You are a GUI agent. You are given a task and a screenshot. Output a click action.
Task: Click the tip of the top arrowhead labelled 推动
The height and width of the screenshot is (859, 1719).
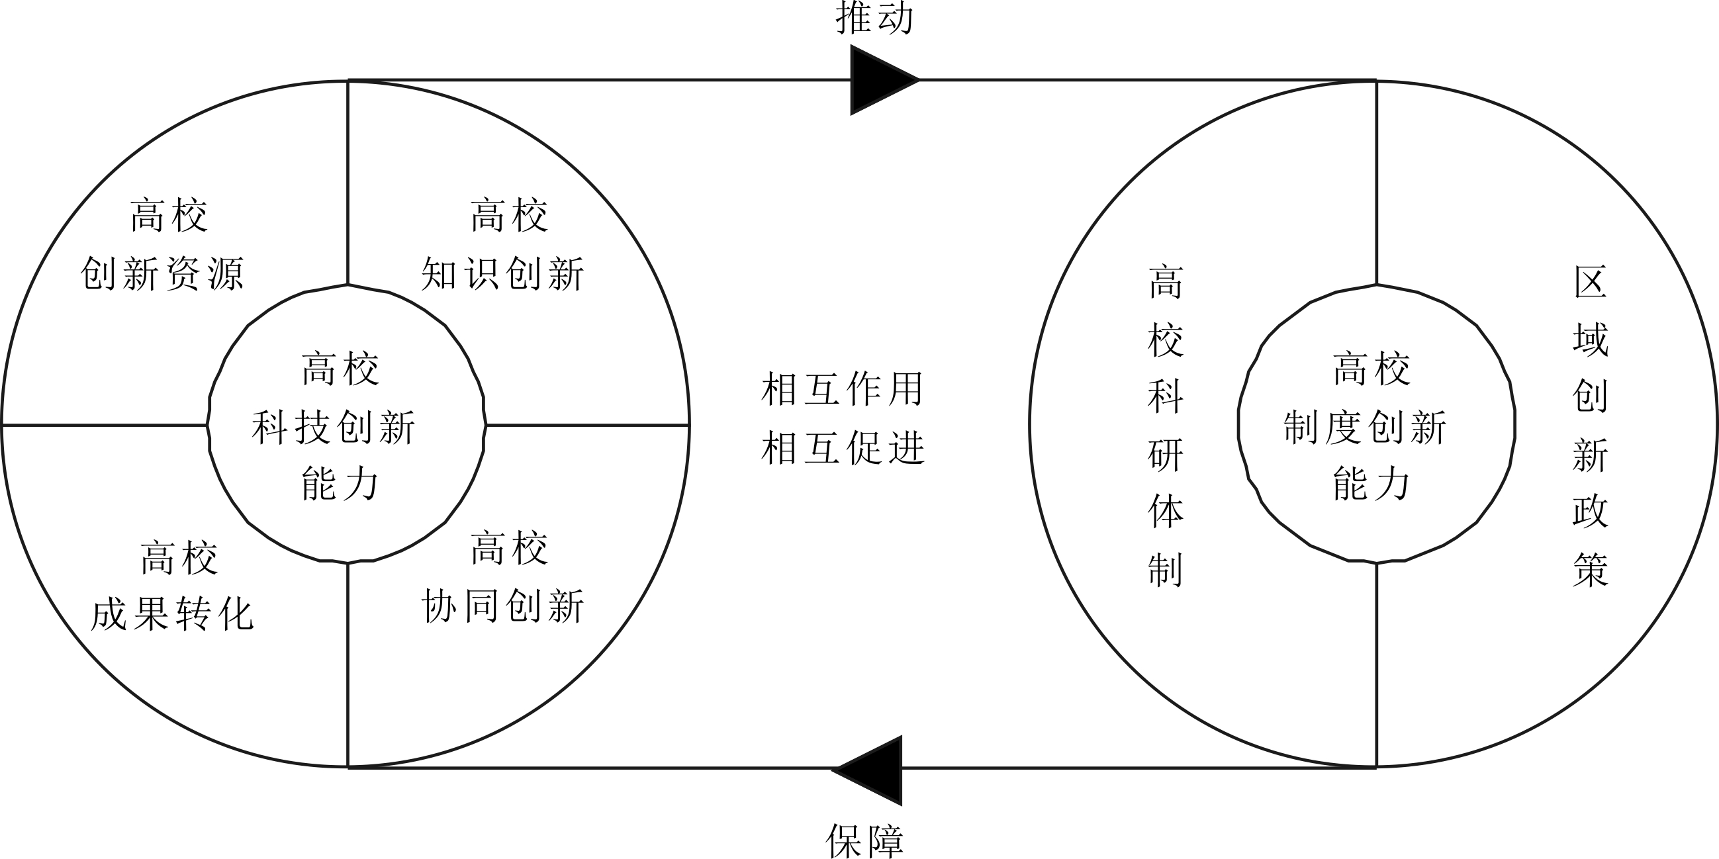tap(919, 80)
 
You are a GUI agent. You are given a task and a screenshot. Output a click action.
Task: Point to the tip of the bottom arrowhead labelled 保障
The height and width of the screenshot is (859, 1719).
tap(831, 770)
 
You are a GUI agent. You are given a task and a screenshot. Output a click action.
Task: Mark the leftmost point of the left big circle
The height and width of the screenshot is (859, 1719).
tap(2, 424)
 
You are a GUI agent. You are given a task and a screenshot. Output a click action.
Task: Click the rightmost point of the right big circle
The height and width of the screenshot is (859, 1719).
tap(1717, 424)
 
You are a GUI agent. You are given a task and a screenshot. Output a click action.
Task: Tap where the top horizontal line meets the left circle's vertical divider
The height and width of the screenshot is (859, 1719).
tap(348, 81)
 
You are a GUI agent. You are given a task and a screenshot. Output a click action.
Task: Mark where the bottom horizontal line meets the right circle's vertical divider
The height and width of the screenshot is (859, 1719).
tap(1376, 767)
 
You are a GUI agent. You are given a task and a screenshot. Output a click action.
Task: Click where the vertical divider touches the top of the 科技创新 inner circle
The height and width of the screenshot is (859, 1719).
tap(348, 285)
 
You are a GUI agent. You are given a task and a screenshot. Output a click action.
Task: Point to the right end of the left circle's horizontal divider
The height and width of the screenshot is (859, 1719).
tap(689, 424)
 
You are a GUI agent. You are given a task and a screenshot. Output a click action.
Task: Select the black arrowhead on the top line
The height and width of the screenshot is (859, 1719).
tap(885, 80)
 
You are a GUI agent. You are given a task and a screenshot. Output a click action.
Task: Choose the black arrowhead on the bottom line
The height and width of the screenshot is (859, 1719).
tap(867, 770)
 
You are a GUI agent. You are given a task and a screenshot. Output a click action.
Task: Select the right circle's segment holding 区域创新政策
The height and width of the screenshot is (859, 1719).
tap(1588, 424)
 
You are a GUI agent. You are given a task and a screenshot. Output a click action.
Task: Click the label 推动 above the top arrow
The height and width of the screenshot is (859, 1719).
tap(874, 17)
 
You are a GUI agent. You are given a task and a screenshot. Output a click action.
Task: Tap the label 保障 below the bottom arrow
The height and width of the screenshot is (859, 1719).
tap(865, 841)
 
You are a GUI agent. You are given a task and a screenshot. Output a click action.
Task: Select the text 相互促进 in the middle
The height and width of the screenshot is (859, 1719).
tap(843, 447)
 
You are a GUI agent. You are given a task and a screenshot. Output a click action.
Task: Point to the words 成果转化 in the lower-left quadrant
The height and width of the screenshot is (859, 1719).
tap(172, 614)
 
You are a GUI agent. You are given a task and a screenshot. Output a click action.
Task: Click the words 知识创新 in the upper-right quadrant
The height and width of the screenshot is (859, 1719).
tap(503, 273)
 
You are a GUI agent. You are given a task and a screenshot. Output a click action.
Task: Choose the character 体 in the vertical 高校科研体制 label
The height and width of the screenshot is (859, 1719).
tap(1165, 512)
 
